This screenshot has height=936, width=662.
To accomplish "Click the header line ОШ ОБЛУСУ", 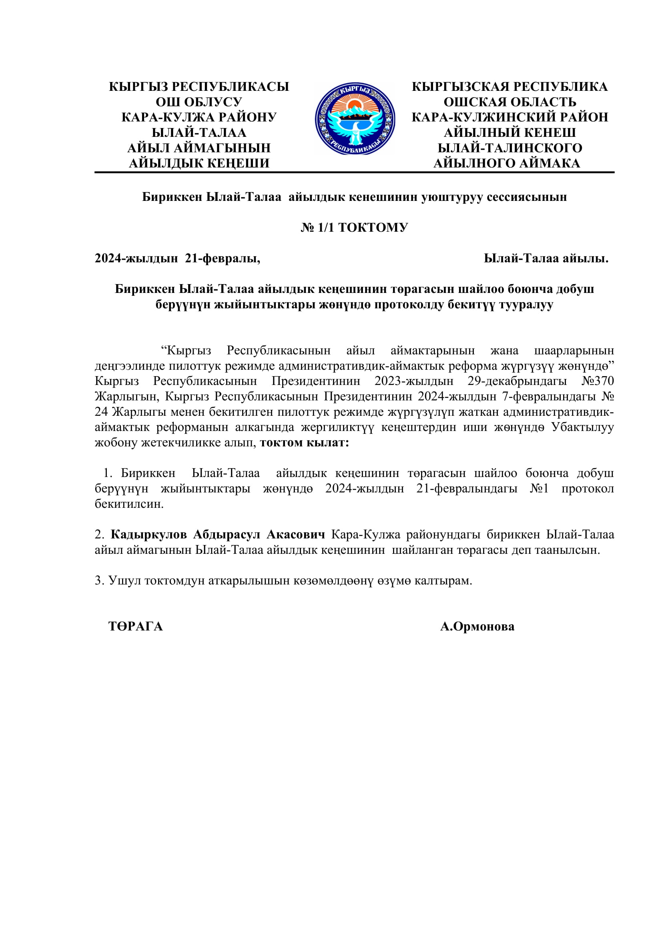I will click(199, 102).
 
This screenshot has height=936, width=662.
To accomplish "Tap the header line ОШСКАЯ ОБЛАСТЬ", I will click(510, 102).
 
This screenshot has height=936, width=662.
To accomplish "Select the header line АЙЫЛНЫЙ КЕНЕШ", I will click(510, 132).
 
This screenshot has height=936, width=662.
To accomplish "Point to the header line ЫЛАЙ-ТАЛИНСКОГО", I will click(510, 148).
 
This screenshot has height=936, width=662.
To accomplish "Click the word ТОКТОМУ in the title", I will click(373, 227).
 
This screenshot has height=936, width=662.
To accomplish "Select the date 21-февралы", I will click(223, 258).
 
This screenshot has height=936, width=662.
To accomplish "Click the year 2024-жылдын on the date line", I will click(136, 258).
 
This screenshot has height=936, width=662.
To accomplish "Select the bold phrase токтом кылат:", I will click(305, 442).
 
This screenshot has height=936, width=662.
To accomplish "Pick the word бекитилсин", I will click(129, 504).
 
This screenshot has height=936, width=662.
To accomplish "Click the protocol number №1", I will click(539, 488).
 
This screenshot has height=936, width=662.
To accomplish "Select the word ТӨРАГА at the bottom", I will click(135, 626).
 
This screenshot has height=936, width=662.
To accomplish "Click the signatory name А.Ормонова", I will click(477, 626).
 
